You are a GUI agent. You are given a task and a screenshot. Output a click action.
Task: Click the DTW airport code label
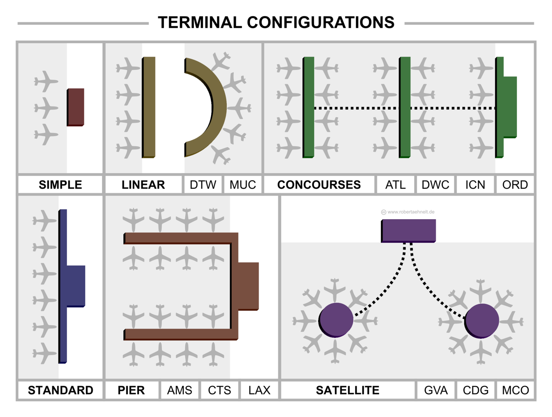click(x=203, y=185)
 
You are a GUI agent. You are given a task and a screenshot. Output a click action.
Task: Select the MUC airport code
click(x=242, y=185)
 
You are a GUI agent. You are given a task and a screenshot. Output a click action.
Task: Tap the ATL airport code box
click(x=395, y=185)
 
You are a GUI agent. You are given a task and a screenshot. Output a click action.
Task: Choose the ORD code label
click(x=515, y=185)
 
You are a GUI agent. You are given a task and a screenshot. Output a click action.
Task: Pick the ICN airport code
click(x=475, y=185)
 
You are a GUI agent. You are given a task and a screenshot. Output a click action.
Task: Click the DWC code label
click(x=435, y=185)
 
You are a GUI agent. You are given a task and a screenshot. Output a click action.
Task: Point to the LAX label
click(x=259, y=390)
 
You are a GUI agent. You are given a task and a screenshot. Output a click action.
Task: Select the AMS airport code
click(x=179, y=390)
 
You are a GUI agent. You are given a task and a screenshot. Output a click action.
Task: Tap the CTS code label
click(x=219, y=390)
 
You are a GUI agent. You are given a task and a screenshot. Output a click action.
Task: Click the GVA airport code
click(x=436, y=390)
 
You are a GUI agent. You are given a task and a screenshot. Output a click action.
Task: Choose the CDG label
click(x=475, y=390)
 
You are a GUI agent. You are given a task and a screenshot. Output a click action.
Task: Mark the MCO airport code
click(x=515, y=390)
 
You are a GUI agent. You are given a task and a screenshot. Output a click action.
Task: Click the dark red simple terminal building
click(x=76, y=107)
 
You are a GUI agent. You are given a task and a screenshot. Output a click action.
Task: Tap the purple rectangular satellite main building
click(x=408, y=230)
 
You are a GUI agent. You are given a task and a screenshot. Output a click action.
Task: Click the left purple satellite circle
click(x=336, y=320)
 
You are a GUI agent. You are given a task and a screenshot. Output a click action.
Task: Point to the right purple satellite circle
click(x=482, y=320)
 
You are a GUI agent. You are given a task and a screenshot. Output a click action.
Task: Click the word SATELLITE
click(x=347, y=390)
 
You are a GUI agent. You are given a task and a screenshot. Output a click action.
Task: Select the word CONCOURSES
click(x=319, y=185)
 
